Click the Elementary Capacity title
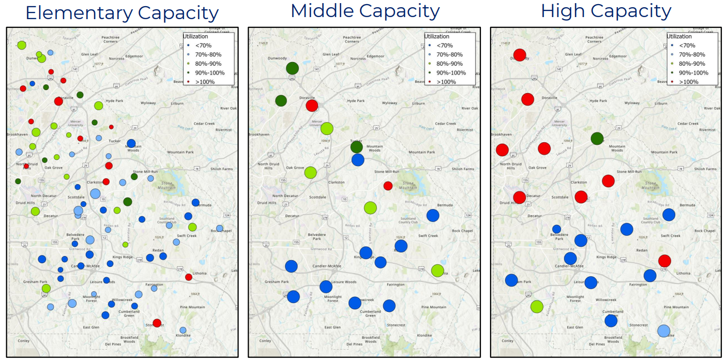pos(122,13)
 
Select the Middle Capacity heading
pos(365,11)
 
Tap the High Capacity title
pos(606,11)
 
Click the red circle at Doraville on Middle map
pos(312,106)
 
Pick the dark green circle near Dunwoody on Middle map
pos(292,68)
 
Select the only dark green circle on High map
pos(597,138)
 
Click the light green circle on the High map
pos(537,307)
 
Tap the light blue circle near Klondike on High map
pos(664,331)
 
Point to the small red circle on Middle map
pos(388,186)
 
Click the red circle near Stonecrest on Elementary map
pos(157,323)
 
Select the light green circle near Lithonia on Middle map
pos(437,270)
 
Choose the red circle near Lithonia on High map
pos(664,261)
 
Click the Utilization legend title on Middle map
pos(437,36)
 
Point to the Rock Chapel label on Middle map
pos(463,231)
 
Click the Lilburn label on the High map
pos(661,103)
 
